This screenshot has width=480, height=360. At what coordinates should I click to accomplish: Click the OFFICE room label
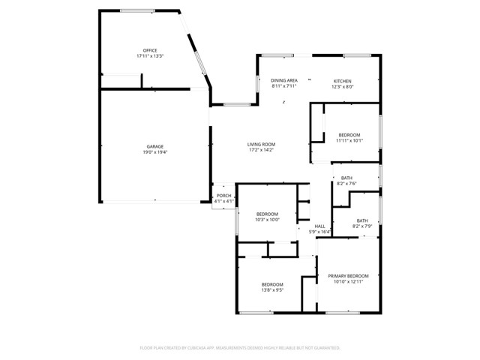tap(150, 51)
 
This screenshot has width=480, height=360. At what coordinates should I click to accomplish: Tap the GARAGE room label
tap(155, 146)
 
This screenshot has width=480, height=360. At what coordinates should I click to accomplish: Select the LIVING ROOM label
tap(262, 144)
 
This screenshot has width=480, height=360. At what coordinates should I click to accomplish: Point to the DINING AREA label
tap(284, 80)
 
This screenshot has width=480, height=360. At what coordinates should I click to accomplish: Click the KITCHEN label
tap(343, 81)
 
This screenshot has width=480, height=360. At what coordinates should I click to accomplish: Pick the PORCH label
tap(224, 196)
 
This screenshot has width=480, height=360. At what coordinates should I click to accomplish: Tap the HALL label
tap(319, 226)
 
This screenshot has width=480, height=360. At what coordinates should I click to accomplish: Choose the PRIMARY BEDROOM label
tap(346, 276)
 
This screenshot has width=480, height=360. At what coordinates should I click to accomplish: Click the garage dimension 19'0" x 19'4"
tap(155, 152)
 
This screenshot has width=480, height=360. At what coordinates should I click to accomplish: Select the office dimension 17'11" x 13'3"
tap(150, 56)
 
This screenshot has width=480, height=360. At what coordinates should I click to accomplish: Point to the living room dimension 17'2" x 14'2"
tap(262, 150)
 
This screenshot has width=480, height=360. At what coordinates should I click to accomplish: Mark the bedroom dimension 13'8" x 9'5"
tap(272, 289)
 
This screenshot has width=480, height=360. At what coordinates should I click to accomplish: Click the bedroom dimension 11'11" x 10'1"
tap(349, 140)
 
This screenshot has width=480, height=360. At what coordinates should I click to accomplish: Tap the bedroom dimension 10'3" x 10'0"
tap(267, 220)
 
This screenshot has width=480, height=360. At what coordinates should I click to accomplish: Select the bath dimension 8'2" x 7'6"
tap(346, 183)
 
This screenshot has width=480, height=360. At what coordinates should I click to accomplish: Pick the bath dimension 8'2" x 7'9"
tap(362, 226)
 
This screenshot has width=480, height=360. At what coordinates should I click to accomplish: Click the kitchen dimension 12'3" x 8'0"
tap(343, 86)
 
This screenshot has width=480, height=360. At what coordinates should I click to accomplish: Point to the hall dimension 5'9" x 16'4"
tap(319, 232)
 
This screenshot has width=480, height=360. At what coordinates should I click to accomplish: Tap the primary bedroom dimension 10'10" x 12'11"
tap(346, 282)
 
